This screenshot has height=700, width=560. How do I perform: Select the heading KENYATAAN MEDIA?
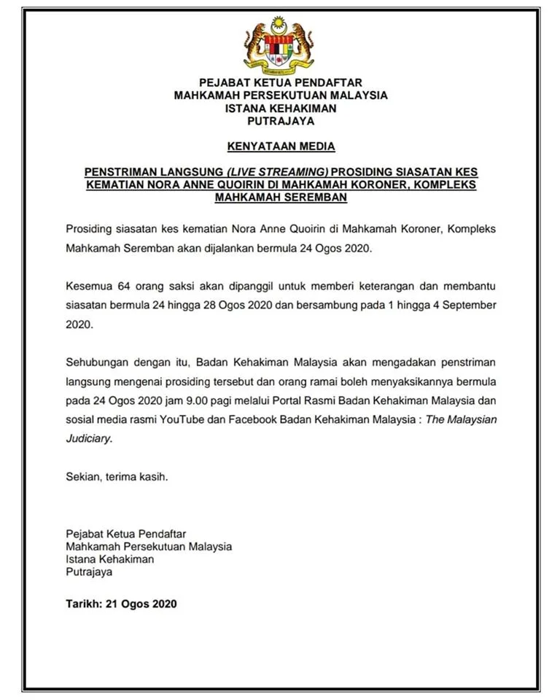pos(281,146)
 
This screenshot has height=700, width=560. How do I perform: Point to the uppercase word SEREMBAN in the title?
pos(315,197)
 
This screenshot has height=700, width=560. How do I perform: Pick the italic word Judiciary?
pos(89,439)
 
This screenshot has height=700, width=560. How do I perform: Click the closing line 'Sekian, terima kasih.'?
pos(117,477)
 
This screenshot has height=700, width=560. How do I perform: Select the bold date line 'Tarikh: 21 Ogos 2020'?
pos(121,604)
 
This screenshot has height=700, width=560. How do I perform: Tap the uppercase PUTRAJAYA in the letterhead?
pos(281,121)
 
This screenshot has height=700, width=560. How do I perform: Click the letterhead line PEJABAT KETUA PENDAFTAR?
pos(281,82)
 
